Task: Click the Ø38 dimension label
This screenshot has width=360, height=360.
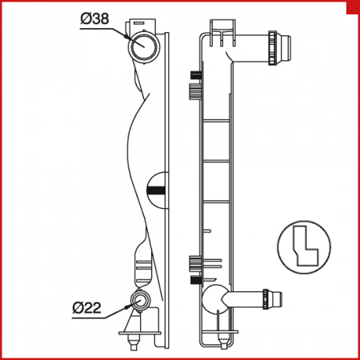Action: point(94,19)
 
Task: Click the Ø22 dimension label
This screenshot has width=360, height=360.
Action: point(87,307)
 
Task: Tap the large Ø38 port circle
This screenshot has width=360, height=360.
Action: point(144,46)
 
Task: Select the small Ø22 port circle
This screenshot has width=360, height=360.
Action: point(140,301)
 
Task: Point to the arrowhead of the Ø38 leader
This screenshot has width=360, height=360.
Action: point(126,35)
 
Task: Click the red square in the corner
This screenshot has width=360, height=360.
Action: point(353,7)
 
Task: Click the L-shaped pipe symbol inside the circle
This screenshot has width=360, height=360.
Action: point(306,246)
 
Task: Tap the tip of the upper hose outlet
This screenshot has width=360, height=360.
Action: point(290,48)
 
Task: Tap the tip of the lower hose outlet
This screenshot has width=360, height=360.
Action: point(282,299)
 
